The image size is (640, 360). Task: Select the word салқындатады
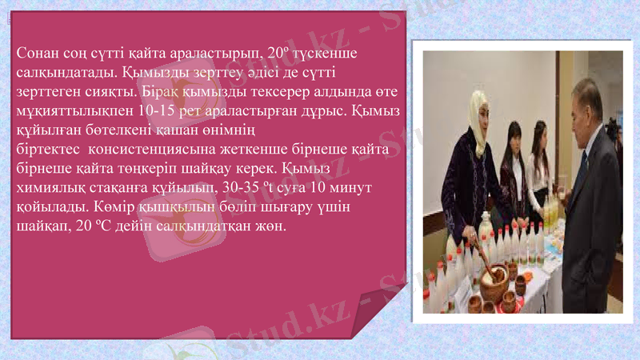click(x=66, y=73)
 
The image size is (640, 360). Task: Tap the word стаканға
click(x=118, y=187)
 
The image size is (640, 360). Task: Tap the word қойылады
click(x=49, y=207)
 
